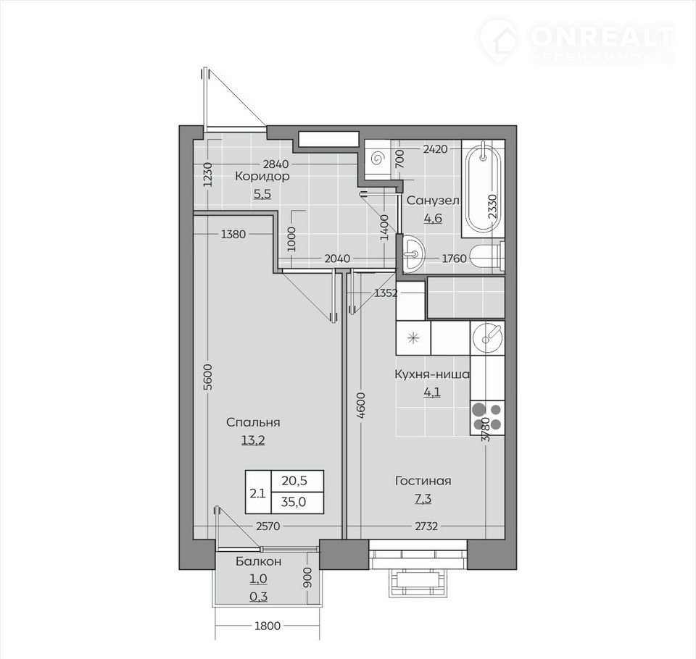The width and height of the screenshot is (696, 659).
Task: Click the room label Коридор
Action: point(262,176)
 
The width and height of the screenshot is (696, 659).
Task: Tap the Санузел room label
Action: point(434,201)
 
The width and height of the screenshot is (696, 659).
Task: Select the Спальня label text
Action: point(253,422)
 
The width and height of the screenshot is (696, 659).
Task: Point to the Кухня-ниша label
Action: point(432,374)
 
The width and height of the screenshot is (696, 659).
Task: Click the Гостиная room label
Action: point(423,481)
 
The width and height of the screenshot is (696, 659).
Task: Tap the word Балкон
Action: point(258,561)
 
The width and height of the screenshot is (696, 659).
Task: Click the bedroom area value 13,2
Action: point(253,440)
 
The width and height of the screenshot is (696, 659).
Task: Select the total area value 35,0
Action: point(294,502)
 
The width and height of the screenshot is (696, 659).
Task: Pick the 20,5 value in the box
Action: point(294,480)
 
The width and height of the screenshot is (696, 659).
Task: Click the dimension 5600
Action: point(208,377)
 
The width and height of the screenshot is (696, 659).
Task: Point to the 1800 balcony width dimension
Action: point(268,626)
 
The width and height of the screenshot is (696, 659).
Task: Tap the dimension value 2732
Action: point(426,526)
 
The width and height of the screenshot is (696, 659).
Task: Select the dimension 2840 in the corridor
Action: point(275,164)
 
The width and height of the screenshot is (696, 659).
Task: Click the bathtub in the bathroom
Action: point(483,188)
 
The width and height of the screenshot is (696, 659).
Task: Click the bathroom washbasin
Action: point(413,253)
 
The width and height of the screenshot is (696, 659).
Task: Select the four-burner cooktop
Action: point(487,417)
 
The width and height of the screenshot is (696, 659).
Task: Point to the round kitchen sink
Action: point(487,338)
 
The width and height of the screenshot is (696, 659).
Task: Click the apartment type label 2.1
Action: point(258,492)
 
